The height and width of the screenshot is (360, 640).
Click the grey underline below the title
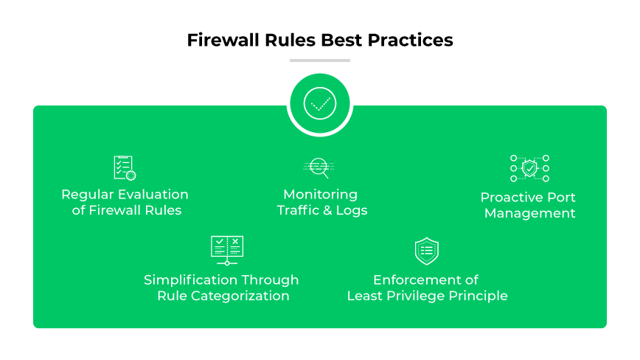point(320,60)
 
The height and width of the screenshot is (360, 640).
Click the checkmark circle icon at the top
point(320,104)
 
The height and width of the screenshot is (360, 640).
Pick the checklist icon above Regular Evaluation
point(125,167)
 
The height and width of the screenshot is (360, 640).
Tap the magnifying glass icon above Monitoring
point(320,167)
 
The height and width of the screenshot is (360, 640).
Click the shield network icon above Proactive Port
point(529,168)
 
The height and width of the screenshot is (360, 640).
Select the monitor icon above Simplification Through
point(227,250)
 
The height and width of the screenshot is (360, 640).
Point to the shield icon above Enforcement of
point(426,251)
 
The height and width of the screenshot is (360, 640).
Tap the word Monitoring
point(320,195)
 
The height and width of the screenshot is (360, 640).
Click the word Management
point(529,214)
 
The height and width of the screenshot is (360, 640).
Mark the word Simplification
point(191,280)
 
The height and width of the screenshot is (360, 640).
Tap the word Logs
point(351,211)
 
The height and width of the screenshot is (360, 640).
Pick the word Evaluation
point(156,195)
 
